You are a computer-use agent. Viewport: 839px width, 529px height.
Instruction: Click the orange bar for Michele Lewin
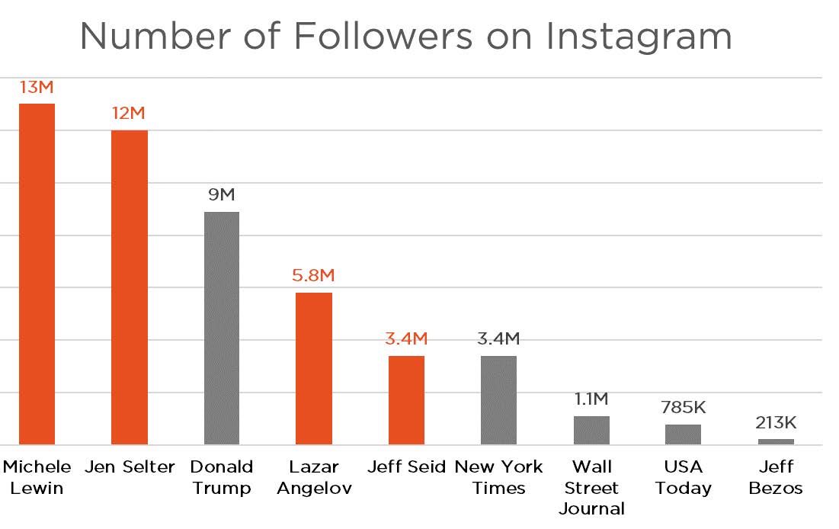tap(37, 274)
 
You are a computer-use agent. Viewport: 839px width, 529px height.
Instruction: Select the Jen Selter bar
tap(130, 287)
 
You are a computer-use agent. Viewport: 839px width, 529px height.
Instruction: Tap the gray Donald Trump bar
tap(222, 328)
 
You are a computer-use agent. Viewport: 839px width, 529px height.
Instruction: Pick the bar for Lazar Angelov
tap(314, 368)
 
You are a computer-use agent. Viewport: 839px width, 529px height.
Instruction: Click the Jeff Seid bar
tap(406, 400)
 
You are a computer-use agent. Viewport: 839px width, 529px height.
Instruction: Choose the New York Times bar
tap(498, 400)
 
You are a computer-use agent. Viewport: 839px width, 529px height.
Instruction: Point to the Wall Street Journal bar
tap(591, 430)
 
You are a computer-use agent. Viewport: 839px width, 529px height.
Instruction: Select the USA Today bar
tap(683, 434)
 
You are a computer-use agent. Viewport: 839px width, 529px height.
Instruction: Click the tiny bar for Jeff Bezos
tap(776, 441)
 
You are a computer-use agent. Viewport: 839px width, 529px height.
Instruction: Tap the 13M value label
tap(37, 88)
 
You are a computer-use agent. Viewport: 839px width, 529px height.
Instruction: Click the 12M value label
tap(129, 114)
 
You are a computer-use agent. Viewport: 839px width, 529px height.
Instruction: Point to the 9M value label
tap(222, 195)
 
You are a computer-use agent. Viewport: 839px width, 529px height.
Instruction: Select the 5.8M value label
tap(313, 276)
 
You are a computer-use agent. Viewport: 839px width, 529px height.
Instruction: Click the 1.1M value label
tap(591, 399)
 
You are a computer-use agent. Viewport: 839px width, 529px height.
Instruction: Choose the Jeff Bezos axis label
tap(776, 477)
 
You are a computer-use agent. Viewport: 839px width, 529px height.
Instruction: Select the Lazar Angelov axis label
tap(314, 477)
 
